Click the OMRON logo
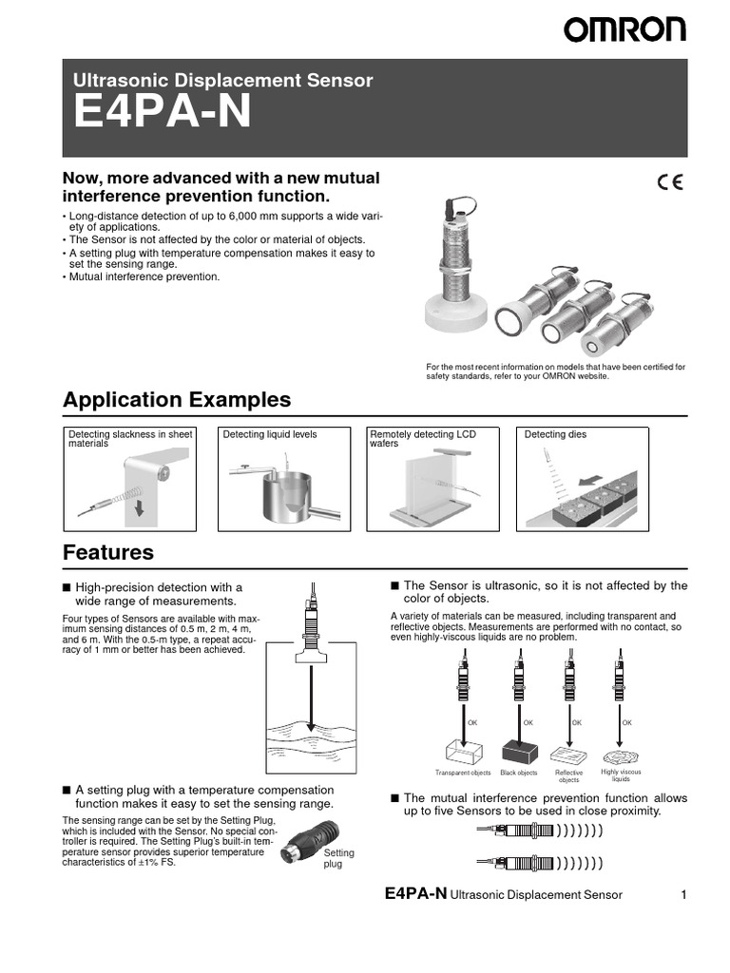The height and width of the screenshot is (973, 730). (x=624, y=30)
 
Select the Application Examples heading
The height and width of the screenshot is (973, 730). (x=177, y=399)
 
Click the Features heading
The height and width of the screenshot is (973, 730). (x=107, y=552)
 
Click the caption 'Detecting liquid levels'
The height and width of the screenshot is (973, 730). (x=269, y=434)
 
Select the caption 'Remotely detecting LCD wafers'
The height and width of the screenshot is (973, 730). (x=422, y=439)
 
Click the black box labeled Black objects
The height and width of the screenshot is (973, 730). (x=519, y=750)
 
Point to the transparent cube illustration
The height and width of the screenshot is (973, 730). (x=463, y=750)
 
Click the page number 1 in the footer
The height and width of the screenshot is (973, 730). (x=683, y=894)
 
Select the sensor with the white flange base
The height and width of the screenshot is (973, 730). (x=456, y=266)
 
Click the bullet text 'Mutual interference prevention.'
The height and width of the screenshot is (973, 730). (x=144, y=277)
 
